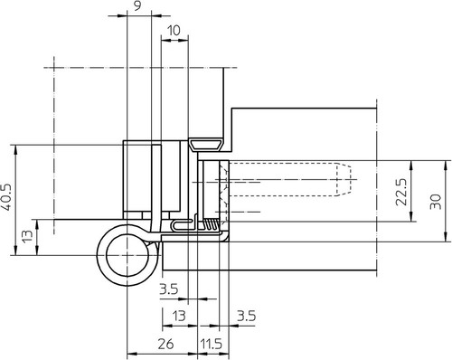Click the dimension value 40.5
[x=6, y=197]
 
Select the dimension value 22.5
[x=401, y=192]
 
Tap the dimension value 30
[x=436, y=202]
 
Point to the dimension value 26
[x=165, y=344]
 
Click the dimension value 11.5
[x=212, y=344]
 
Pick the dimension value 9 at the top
[x=137, y=6]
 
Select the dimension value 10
[x=174, y=31]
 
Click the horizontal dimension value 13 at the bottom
[x=179, y=317]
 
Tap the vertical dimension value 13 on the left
[x=27, y=237]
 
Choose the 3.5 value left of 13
[x=169, y=289]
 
